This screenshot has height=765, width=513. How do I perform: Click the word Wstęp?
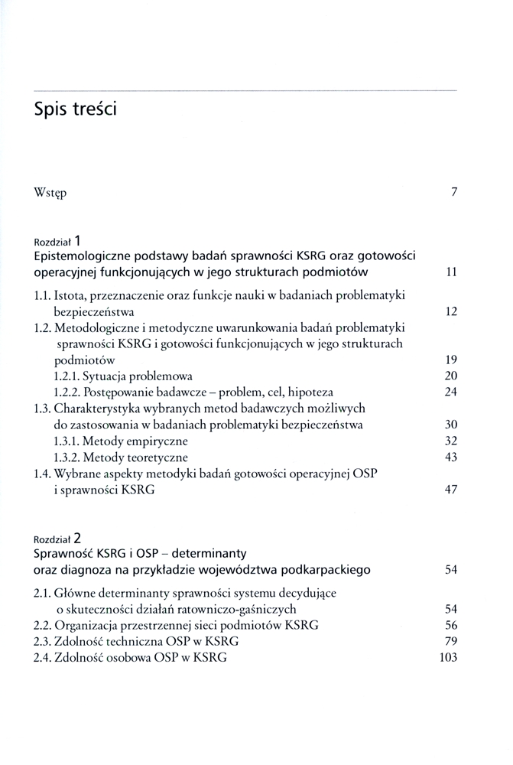coord(50,193)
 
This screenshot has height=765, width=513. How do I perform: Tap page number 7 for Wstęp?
coord(454,192)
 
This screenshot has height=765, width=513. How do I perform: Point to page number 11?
coord(451,272)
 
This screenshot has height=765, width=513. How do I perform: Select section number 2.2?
coord(44,625)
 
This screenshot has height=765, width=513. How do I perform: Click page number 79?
coord(450,641)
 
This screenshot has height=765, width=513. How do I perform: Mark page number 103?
coord(448,657)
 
